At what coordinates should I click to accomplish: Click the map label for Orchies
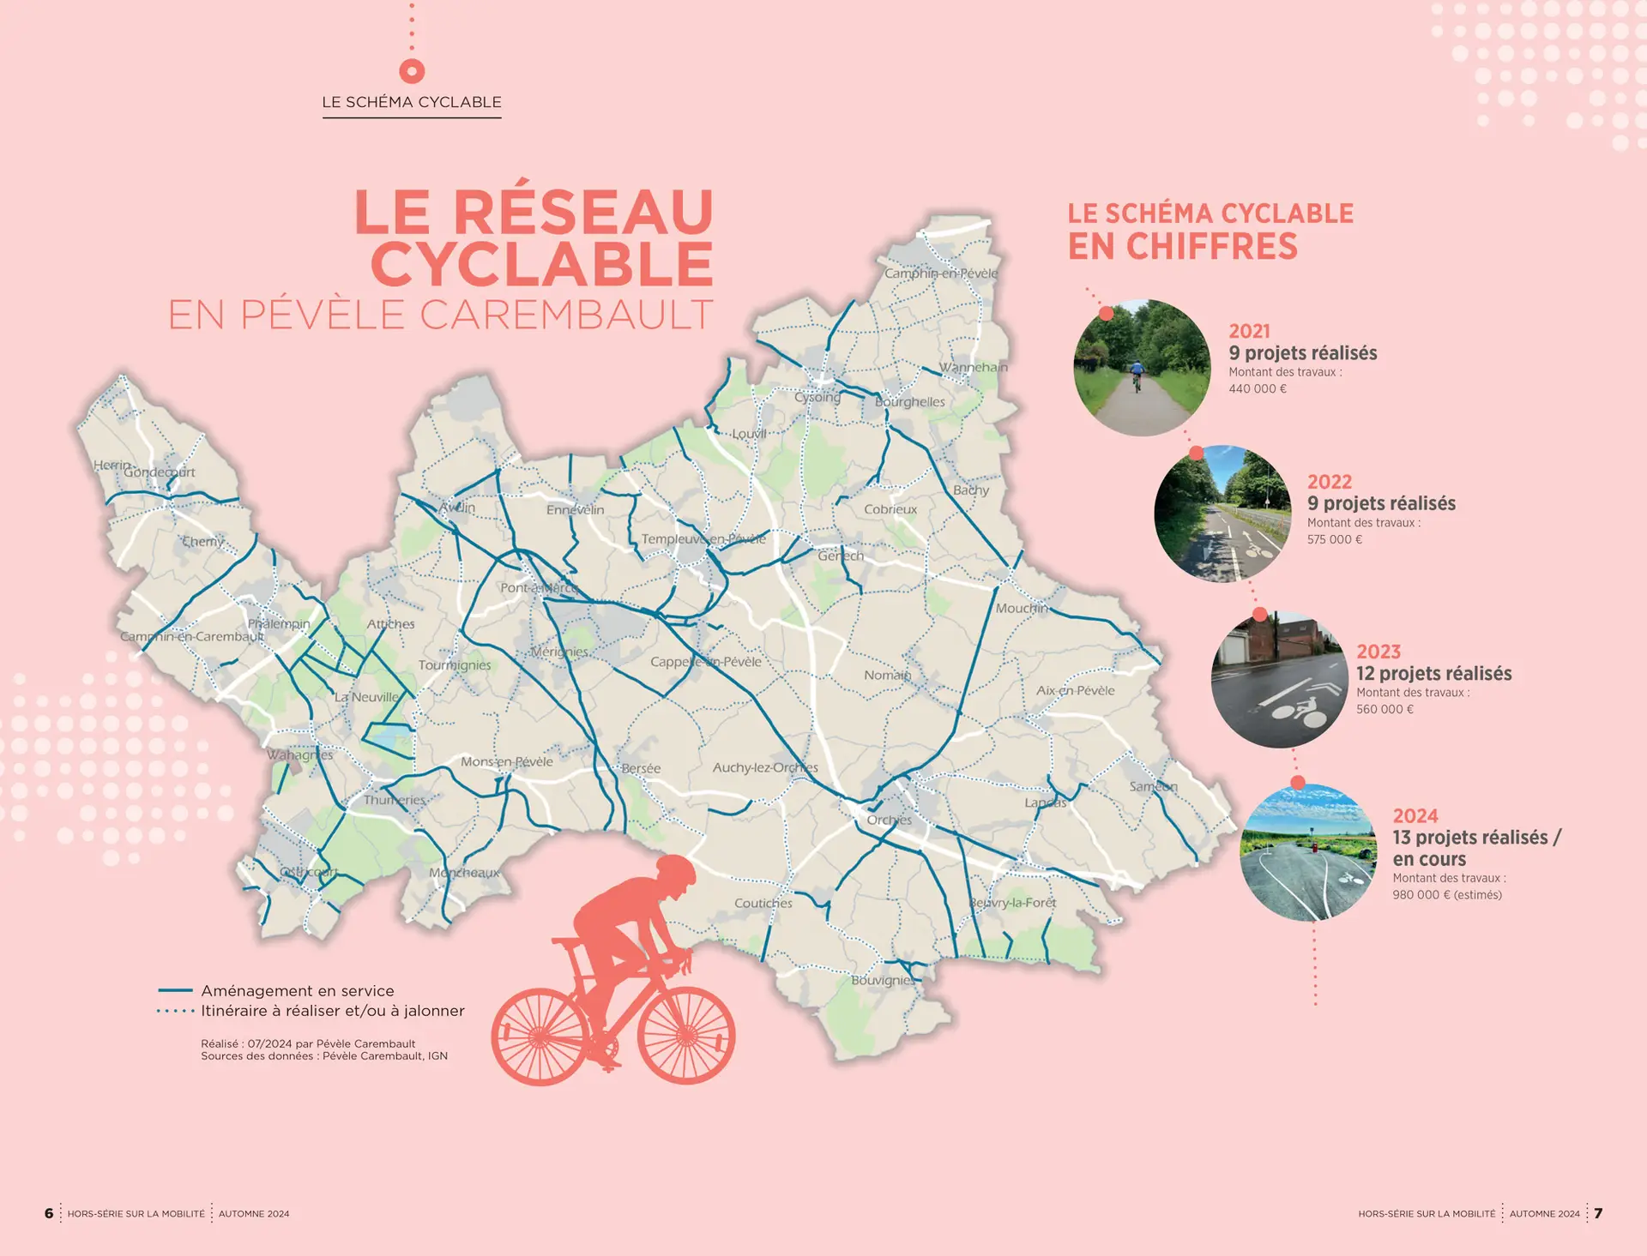[x=889, y=820]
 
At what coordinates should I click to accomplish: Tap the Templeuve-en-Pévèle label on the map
[x=703, y=538]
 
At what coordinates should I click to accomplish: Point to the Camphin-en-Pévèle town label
[x=941, y=273]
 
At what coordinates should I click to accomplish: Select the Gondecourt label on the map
[x=159, y=472]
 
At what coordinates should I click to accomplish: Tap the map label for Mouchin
[x=1022, y=608]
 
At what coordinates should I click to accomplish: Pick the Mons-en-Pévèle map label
[x=506, y=761]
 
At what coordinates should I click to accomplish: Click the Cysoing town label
[x=817, y=397]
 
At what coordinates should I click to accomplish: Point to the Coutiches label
[x=763, y=903]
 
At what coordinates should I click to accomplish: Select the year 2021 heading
[x=1249, y=331]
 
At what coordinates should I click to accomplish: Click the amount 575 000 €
[x=1335, y=539]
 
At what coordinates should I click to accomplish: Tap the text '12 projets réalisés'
[x=1433, y=674]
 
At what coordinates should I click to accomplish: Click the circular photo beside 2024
[x=1308, y=852]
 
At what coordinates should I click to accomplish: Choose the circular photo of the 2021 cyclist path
[x=1142, y=367]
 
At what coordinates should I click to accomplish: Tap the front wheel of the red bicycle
[x=686, y=1036]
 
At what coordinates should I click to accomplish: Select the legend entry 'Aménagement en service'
[x=297, y=991]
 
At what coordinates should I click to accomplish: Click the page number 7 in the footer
[x=1598, y=1213]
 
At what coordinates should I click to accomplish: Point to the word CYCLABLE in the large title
[x=542, y=264]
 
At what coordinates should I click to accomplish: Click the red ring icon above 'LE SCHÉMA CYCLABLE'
[x=412, y=70]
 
